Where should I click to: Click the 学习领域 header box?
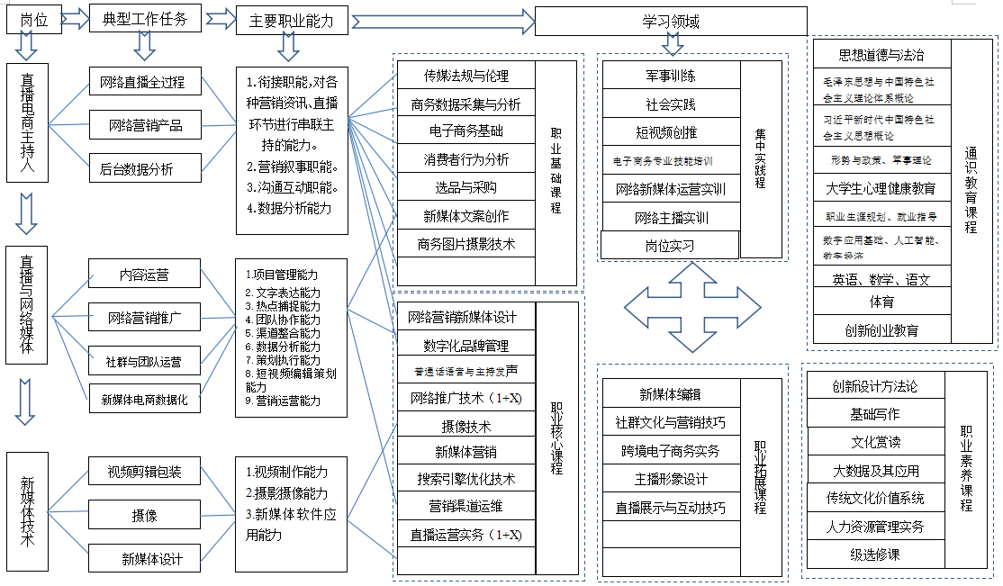click(670, 21)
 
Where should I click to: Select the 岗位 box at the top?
click(33, 19)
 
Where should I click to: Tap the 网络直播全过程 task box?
click(145, 82)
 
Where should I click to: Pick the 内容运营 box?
click(144, 274)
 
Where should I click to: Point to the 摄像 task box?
click(144, 515)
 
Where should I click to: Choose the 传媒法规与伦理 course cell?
click(465, 75)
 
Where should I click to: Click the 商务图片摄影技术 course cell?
click(465, 244)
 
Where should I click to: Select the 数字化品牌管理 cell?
click(465, 346)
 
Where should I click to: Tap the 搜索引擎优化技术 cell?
click(465, 479)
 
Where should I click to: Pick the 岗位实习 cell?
click(669, 245)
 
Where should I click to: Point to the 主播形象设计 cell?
click(671, 479)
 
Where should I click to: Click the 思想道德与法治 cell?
click(881, 55)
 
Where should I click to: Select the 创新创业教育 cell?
click(881, 330)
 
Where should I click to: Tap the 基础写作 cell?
click(875, 414)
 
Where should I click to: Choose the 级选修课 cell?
click(875, 554)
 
